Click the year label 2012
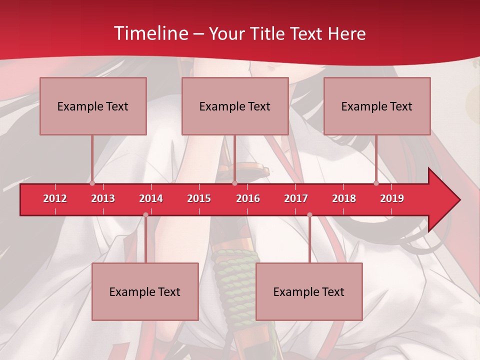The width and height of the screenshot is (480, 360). click(55, 198)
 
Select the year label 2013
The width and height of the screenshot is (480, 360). click(103, 198)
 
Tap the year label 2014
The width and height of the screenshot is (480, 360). click(151, 198)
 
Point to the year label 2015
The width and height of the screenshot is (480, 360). click(199, 198)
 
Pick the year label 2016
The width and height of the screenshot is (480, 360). click(248, 198)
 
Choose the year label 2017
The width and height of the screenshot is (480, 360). click(296, 198)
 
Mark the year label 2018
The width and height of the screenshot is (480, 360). click(344, 198)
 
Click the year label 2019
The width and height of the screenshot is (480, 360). click(392, 198)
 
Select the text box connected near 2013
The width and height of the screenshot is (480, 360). click(93, 106)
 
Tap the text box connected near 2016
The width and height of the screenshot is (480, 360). click(235, 106)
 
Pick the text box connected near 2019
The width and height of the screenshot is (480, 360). click(377, 106)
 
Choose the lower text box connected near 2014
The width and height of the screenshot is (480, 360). click(145, 291)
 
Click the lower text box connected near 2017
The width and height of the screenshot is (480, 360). click(309, 291)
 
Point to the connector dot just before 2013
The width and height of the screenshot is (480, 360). click(92, 183)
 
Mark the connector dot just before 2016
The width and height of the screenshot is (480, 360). click(234, 183)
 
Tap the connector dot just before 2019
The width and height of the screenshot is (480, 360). click(376, 183)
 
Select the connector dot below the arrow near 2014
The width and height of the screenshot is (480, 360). click(145, 215)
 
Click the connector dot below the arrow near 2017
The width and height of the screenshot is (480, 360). click(309, 215)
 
